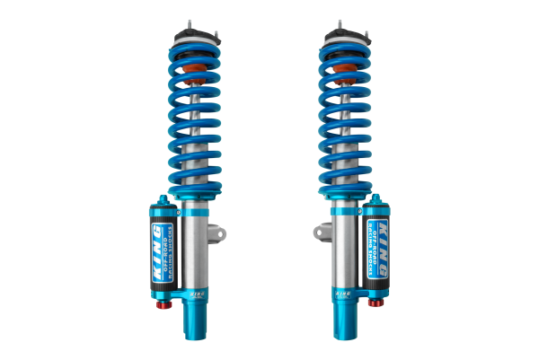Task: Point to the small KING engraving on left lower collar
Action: coord(192,292)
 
